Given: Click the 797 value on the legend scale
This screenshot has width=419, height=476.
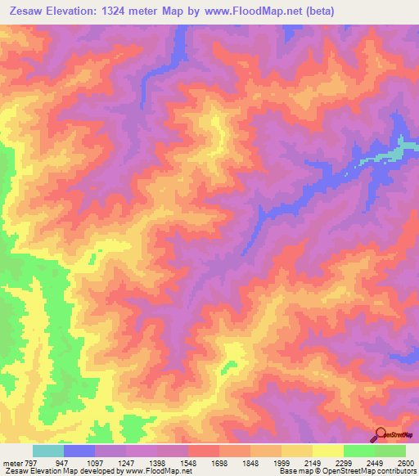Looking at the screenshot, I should coord(24,461).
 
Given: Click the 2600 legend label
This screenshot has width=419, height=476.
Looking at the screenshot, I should coord(407,461).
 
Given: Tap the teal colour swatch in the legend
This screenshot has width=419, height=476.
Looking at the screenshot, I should coord(48,451).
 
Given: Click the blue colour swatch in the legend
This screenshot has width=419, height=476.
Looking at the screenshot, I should coord(79,451).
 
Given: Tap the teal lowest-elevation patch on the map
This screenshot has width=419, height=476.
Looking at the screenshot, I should coord(395,151).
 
